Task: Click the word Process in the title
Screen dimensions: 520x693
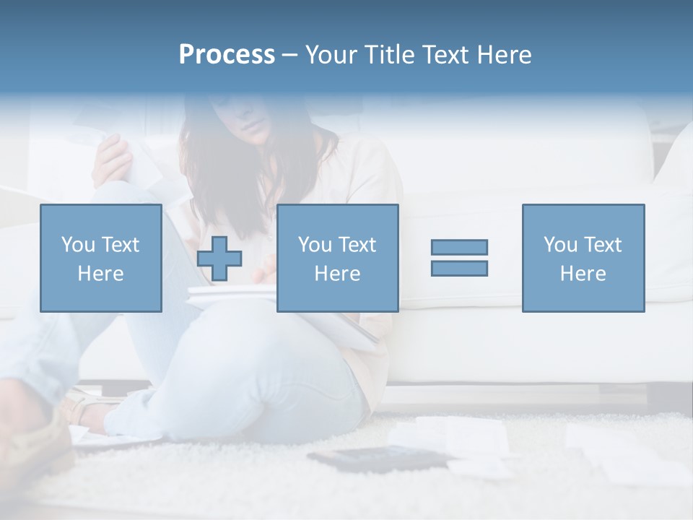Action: [x=227, y=55]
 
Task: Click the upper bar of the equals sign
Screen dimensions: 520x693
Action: [x=459, y=247]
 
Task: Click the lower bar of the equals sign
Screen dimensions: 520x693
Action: [x=459, y=268]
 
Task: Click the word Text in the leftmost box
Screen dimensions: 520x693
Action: [x=119, y=245]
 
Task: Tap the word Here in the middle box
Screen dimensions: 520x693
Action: [x=337, y=274]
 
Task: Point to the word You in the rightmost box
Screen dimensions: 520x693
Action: [x=560, y=245]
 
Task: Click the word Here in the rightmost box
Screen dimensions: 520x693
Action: [x=583, y=274]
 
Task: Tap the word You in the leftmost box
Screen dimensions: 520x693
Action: [x=78, y=245]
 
